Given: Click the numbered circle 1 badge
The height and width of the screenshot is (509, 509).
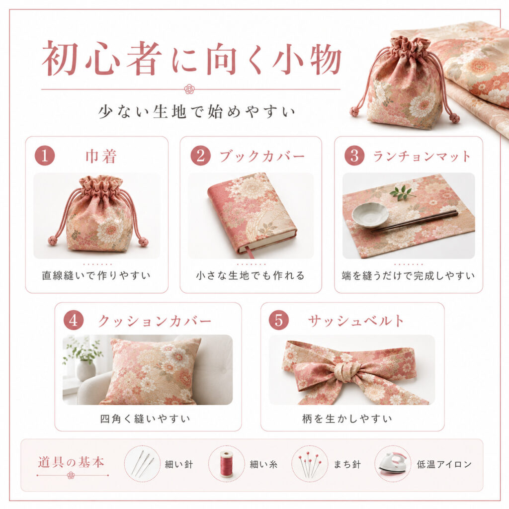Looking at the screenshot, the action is pos(45,156).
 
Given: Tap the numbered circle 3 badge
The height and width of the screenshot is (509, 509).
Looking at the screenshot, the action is pos(354,156).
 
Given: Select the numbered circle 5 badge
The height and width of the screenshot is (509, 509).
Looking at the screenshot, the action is pos(279,320).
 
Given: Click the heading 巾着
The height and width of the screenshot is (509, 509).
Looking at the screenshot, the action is pos(101,156).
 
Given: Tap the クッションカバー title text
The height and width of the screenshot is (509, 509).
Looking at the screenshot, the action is pos(155,321).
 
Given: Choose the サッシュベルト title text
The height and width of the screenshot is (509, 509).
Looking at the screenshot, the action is pos(356,321).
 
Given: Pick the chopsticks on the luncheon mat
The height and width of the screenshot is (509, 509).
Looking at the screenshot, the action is pos(415,221).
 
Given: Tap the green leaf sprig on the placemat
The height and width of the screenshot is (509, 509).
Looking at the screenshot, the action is pos(403,192).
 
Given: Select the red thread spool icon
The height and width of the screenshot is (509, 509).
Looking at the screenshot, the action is pos(227,464).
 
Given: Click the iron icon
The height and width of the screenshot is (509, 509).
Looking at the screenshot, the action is pos(393,464).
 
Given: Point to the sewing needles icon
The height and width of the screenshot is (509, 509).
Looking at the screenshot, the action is pos(143,463).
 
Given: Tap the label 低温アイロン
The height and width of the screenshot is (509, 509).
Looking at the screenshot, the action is pos(444,465).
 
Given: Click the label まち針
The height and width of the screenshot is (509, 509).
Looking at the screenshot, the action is pos(347,465).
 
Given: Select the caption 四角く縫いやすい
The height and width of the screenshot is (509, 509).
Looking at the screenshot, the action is pos(145,419).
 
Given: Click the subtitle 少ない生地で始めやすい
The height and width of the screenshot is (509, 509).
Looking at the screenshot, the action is pos(197,112).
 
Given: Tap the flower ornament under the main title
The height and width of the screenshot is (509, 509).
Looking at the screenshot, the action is pos(189,89).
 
